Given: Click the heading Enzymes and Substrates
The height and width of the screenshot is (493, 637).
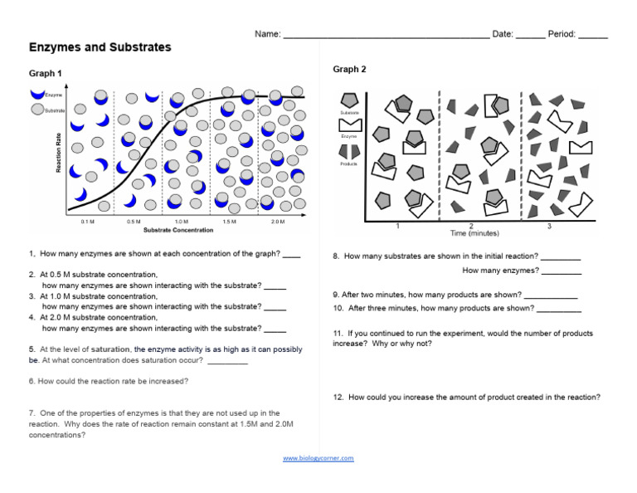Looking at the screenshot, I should pos(100,47).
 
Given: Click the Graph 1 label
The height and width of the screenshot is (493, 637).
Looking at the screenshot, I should pos(46,74).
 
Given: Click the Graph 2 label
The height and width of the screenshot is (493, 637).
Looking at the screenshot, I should pos(349,69).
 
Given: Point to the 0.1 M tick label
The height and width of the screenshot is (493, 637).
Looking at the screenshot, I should pos(88,222).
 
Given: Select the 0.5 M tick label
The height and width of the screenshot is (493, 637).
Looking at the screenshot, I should pos(134,222).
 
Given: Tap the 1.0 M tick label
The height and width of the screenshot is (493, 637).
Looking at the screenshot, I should pos(182,222).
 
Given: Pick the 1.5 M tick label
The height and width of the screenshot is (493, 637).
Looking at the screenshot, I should pos(230,222).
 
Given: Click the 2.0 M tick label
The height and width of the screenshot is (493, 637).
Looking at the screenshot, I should pos(277,222).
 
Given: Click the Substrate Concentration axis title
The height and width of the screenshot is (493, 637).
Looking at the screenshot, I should pos(178,230).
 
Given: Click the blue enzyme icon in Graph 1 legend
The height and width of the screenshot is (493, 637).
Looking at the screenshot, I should pos(37,95).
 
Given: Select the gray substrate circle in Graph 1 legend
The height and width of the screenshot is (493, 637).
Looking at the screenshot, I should pos(37,109).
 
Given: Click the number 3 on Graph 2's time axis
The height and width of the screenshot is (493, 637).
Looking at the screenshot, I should pos(549,226).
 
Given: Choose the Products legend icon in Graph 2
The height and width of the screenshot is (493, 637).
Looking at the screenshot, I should pos(349,151).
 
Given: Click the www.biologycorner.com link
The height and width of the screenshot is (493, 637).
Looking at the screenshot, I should pos(318,458).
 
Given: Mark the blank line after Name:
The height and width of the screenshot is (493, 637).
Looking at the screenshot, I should pos(386,36).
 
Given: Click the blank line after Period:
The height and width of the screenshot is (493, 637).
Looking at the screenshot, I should pos(592,36).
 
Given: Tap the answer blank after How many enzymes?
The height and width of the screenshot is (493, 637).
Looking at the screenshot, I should pos(562,271).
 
